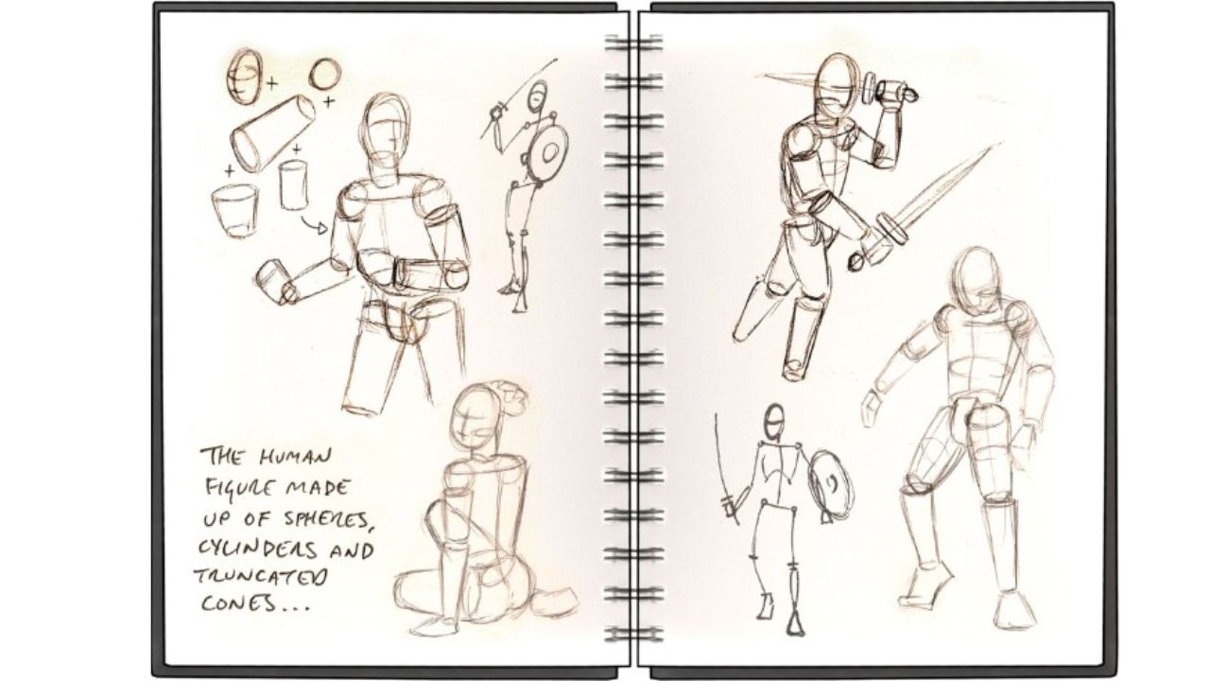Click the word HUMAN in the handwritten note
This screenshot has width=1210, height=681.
point(295,459)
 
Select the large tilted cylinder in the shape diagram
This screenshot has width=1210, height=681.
point(271,134)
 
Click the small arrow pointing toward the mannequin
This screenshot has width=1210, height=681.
point(313,225)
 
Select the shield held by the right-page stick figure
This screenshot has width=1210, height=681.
point(830,482)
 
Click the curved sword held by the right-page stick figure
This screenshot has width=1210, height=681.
point(723,463)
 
